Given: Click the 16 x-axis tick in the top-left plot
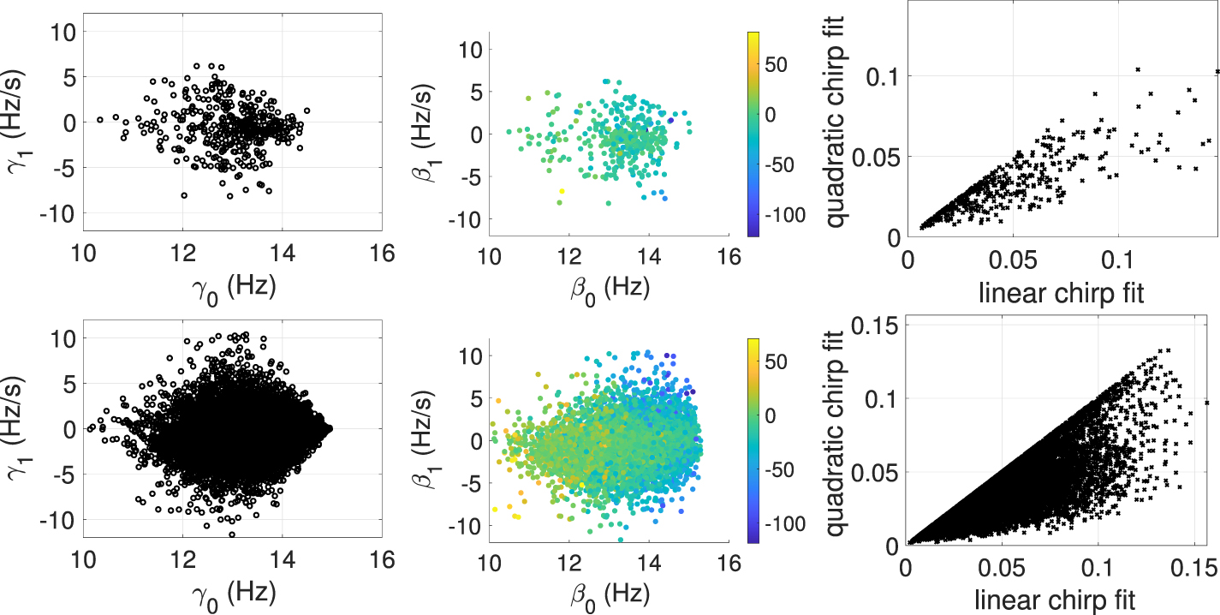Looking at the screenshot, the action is click(382, 254).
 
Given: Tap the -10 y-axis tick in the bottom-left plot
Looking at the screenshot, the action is click(57, 521).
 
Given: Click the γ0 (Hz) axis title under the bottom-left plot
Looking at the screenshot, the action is click(234, 594).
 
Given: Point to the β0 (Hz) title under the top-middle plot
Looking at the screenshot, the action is click(610, 290).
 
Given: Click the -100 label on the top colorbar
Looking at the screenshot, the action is click(785, 215).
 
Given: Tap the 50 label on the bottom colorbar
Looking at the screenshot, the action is click(777, 362).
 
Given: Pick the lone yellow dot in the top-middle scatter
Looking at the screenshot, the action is click(562, 191).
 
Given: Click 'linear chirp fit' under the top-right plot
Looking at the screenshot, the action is click(1062, 293).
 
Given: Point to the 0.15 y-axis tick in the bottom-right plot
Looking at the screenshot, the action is click(874, 325).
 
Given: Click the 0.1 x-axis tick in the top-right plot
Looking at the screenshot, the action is click(1117, 260).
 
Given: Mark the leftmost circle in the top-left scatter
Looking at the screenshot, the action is click(99, 119).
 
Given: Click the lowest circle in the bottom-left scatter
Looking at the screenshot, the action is click(233, 535).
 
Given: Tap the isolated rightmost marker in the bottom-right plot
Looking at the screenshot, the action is click(1207, 403).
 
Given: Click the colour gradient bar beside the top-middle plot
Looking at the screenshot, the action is click(753, 134).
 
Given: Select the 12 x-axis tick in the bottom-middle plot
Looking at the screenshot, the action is click(569, 564).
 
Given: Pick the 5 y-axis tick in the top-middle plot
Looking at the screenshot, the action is click(477, 93).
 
